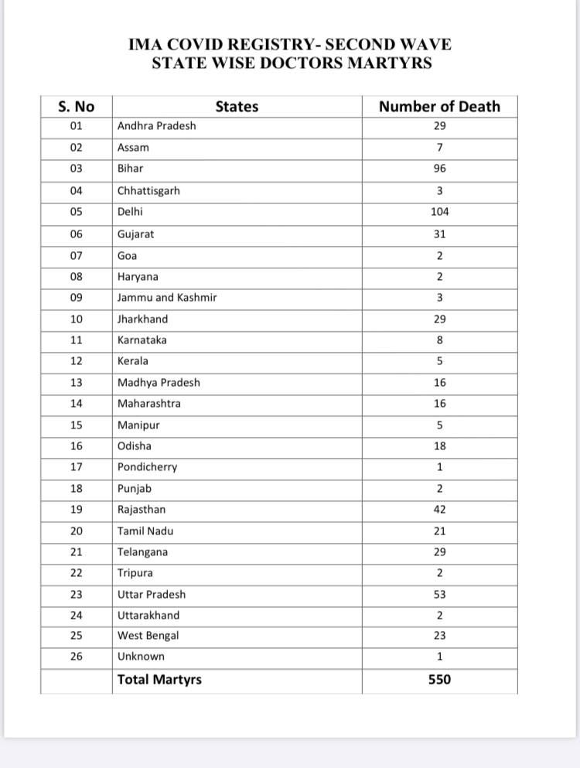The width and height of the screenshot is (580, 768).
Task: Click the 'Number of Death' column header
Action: (x=439, y=107)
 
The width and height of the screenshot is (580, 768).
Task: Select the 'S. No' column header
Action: (x=76, y=107)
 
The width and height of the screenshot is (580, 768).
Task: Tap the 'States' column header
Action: (x=237, y=107)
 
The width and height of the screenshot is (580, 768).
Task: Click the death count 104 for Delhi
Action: (x=439, y=212)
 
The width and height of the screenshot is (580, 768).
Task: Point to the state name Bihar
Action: (x=130, y=169)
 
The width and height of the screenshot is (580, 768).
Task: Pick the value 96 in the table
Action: (x=439, y=169)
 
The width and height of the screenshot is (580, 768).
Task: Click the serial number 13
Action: (x=76, y=383)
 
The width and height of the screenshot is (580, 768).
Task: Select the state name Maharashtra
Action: (x=149, y=404)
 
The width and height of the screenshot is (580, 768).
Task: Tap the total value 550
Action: (x=439, y=680)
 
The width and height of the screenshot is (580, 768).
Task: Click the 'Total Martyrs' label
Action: (x=159, y=680)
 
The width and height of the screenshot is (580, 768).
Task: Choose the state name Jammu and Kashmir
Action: (x=167, y=298)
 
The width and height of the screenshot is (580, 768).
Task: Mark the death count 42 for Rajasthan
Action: (x=439, y=510)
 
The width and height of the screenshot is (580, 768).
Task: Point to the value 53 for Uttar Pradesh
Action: (x=439, y=595)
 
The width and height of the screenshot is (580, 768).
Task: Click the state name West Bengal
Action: (x=148, y=636)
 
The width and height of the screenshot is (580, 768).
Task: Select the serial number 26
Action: (x=76, y=657)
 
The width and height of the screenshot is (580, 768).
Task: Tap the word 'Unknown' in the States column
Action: (x=141, y=657)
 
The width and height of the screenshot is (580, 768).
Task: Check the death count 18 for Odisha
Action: (x=439, y=446)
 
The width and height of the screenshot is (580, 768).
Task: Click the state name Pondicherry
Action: (x=147, y=467)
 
